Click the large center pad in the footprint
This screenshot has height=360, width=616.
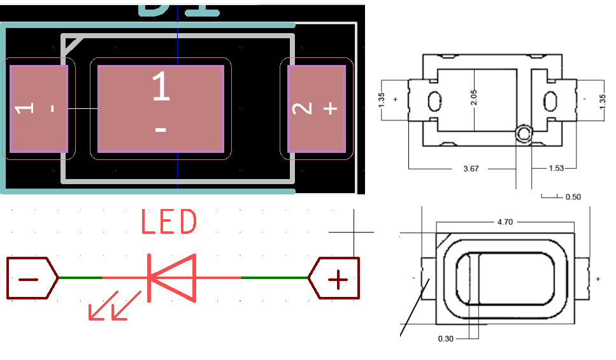[x=161, y=109]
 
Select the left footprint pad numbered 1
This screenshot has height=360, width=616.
[x=39, y=109]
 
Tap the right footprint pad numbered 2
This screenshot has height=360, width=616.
[x=317, y=109]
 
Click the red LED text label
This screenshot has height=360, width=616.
[x=168, y=223]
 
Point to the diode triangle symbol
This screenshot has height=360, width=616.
[x=171, y=278]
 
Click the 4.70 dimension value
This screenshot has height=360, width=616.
[x=505, y=222]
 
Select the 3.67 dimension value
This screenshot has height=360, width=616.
[x=471, y=168]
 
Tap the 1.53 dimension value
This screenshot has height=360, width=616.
[x=555, y=168]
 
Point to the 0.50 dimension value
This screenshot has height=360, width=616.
[x=573, y=197]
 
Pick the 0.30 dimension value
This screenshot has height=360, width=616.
[x=446, y=338]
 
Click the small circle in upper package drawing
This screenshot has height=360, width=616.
[x=524, y=134]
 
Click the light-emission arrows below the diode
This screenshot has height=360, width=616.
[x=115, y=306]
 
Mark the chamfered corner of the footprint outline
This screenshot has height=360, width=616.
[x=71, y=45]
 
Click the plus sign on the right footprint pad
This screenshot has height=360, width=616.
[x=330, y=108]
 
